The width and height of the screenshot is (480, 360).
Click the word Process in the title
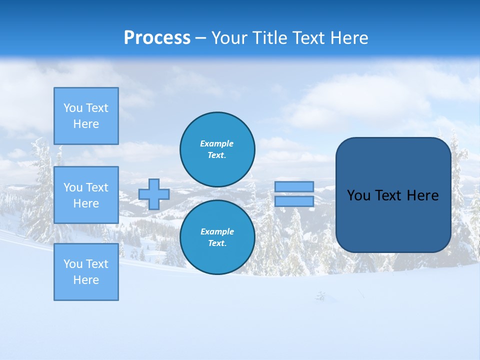pos(157,37)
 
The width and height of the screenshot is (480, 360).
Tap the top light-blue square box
pos(86,116)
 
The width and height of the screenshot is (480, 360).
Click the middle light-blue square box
pos(86,195)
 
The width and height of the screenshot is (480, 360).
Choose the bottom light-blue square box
pos(86,272)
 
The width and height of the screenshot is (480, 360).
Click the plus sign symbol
pos(154,194)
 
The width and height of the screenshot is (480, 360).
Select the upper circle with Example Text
pos(217,149)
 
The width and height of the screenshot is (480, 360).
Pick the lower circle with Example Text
pos(217,237)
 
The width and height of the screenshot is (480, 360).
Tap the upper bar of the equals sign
pos(294,186)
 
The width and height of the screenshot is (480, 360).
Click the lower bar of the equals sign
pos(294,201)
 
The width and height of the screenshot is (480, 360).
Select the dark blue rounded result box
pos(393,195)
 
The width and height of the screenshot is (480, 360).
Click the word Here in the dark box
pos(422,195)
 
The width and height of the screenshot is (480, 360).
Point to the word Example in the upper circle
pos(216,143)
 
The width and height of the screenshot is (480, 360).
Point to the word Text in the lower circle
pos(216,243)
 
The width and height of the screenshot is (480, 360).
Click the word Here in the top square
pos(86,124)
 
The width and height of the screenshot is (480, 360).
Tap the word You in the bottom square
pos(73,264)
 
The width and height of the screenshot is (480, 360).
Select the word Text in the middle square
pos(97,187)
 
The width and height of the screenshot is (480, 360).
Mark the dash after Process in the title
pos(201,38)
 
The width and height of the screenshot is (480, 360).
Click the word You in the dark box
pos(358,195)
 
